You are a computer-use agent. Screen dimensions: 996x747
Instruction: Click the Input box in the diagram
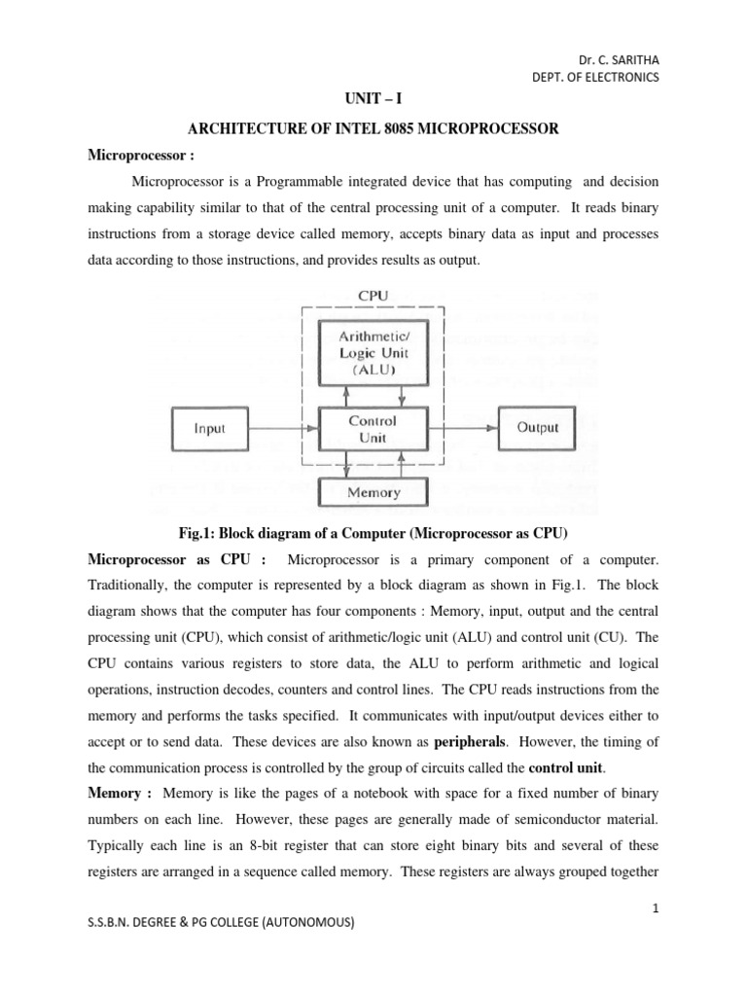click(x=210, y=428)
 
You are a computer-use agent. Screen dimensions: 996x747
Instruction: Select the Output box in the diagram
click(x=537, y=427)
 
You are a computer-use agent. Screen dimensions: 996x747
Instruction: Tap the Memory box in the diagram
click(x=373, y=492)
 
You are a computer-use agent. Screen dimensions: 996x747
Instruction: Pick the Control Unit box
click(x=373, y=429)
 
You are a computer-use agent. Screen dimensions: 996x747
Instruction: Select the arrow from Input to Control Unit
click(x=284, y=428)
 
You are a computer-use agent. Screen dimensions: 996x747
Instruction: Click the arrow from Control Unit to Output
click(x=462, y=427)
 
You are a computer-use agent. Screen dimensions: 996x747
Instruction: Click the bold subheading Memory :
click(x=121, y=794)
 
